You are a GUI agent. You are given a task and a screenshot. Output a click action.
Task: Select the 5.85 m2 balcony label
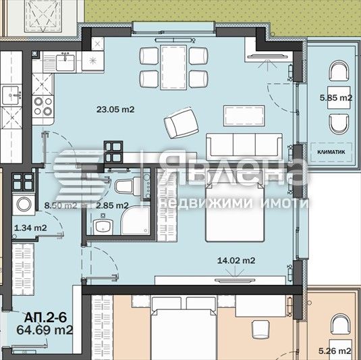click(x=336, y=98)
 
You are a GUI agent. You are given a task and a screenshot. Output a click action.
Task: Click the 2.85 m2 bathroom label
click(x=111, y=205)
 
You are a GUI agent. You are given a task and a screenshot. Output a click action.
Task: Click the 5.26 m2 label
click(x=335, y=351)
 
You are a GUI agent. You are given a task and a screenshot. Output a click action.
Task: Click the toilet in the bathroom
click(x=127, y=186)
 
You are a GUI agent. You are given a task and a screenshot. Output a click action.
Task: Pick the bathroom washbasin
click(x=103, y=226)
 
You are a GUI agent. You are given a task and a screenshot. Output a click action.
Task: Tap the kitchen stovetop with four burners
click(x=44, y=105)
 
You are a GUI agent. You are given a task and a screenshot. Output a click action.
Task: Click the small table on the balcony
click(x=336, y=98)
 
